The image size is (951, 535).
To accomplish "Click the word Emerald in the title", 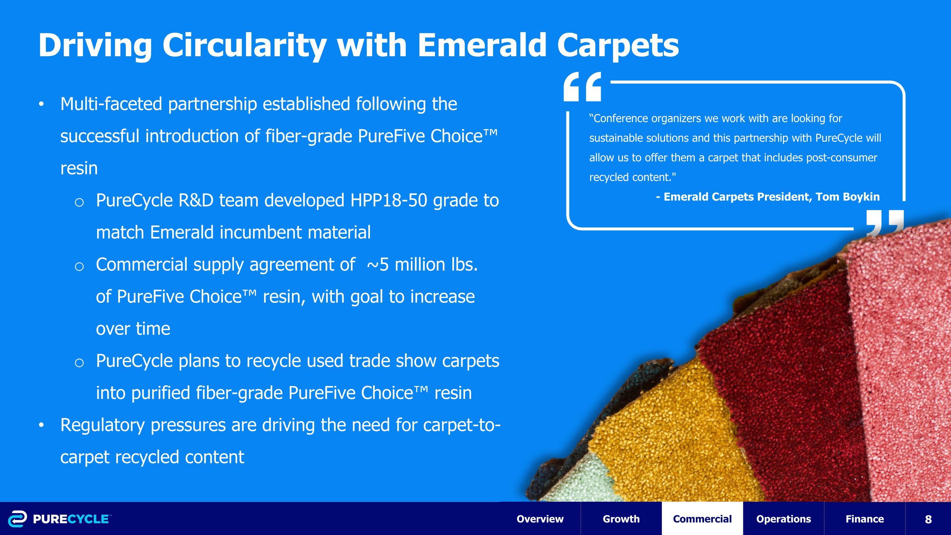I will [x=482, y=45].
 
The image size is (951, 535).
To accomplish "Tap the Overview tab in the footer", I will [x=540, y=519].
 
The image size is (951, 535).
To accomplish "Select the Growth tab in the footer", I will [x=621, y=519].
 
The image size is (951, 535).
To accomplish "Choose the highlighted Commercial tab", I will [x=702, y=519].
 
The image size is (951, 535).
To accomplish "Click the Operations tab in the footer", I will [x=783, y=519].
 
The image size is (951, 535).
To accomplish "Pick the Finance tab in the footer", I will [x=864, y=519].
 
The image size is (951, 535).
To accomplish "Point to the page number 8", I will [x=928, y=519].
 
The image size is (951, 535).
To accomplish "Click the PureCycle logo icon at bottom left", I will [x=17, y=519].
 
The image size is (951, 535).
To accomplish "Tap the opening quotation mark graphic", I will [x=583, y=87].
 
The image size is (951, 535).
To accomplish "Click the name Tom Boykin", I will [x=848, y=197].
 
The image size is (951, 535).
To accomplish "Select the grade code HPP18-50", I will [x=389, y=200].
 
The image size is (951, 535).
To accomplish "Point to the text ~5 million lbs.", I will [x=422, y=265].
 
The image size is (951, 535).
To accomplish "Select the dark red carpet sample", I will [x=786, y=388].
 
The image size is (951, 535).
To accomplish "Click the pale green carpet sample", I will [x=587, y=480].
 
